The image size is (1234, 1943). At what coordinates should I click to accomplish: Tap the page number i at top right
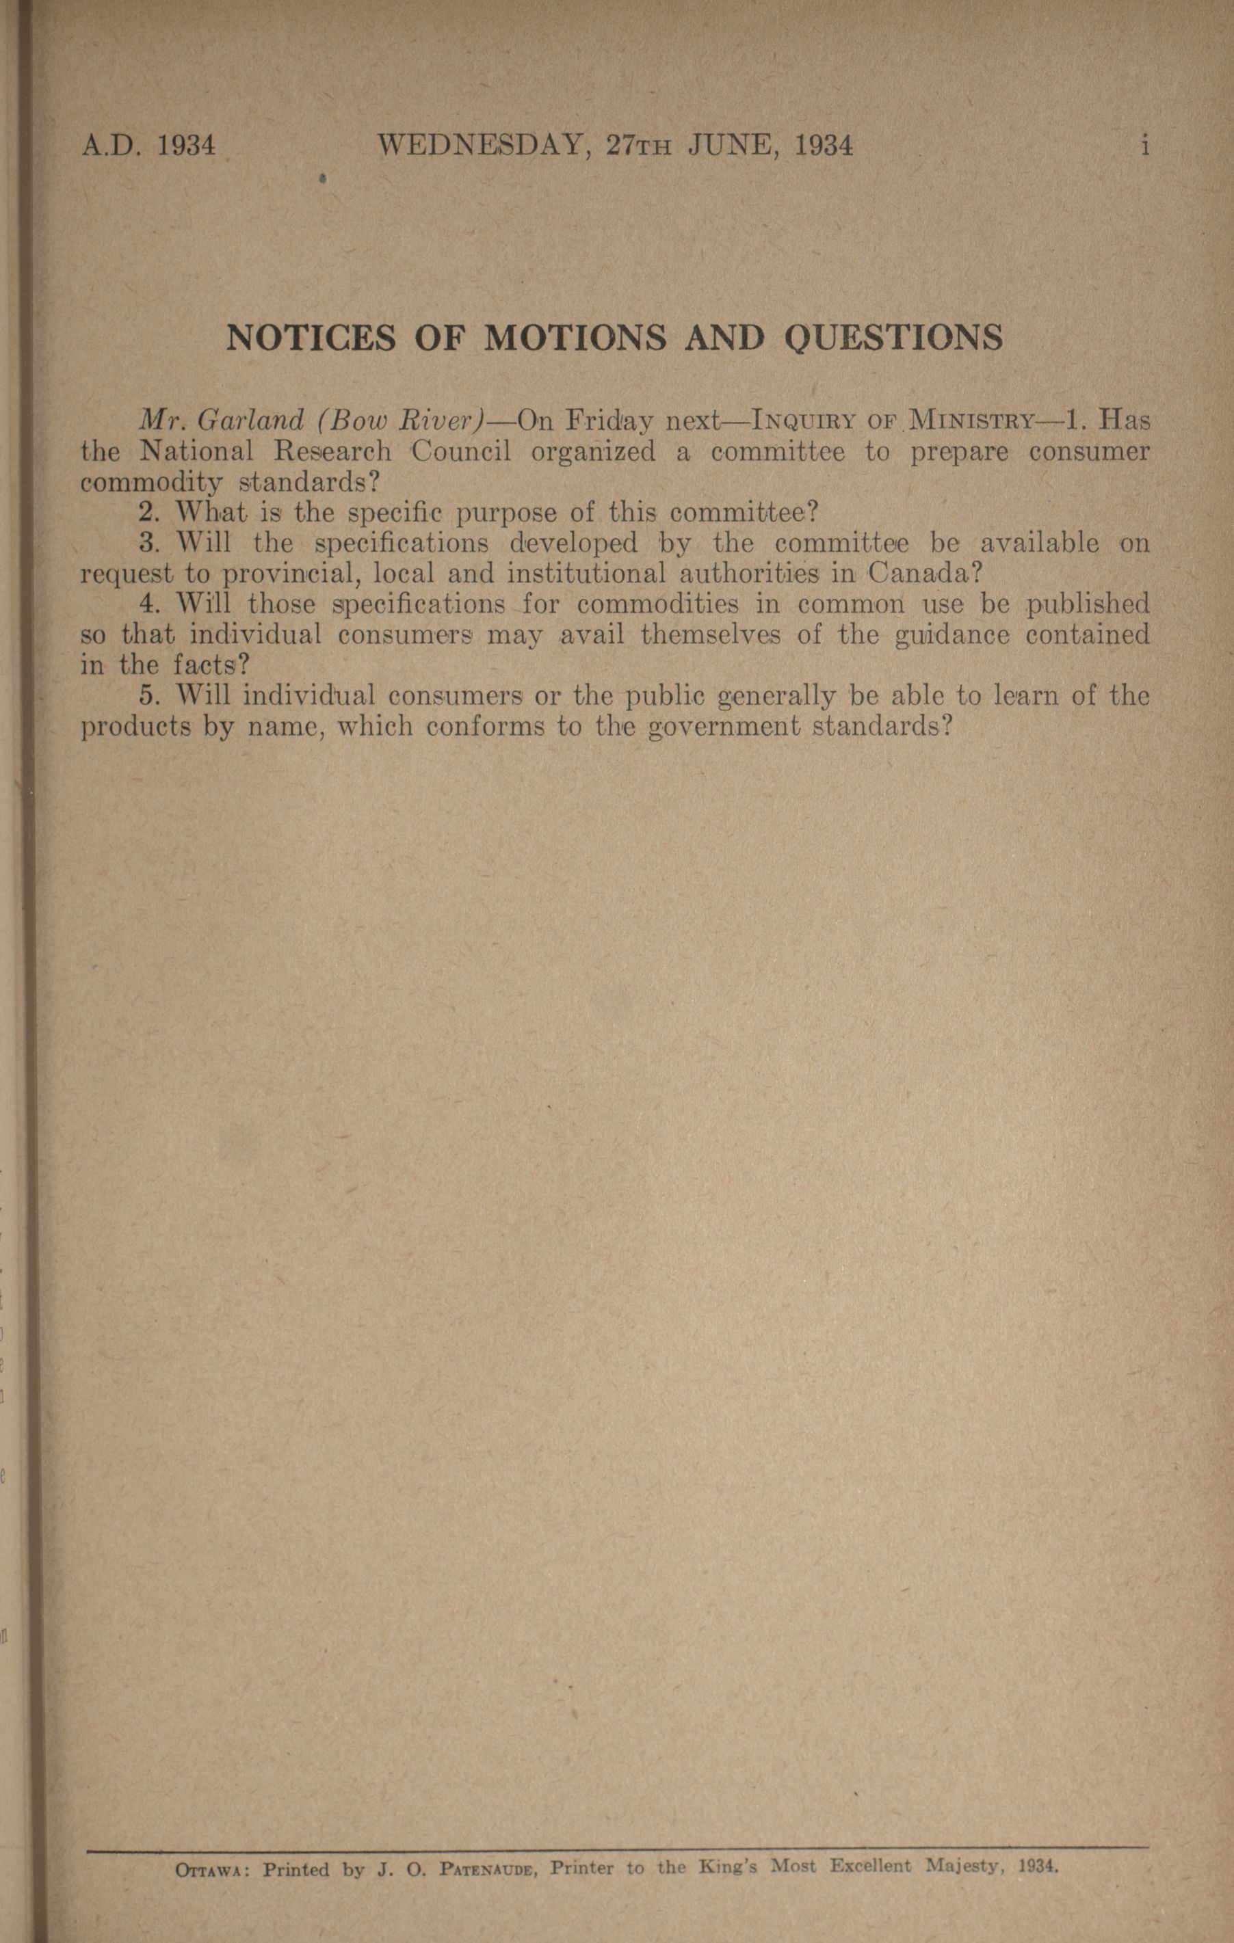(x=1144, y=146)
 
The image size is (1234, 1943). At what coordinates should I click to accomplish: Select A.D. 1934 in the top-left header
(x=149, y=146)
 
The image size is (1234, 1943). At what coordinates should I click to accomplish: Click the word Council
(x=461, y=451)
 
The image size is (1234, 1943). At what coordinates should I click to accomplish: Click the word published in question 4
(x=1087, y=604)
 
